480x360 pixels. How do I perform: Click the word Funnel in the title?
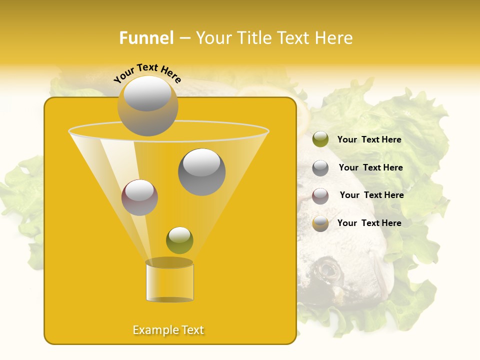click(146, 38)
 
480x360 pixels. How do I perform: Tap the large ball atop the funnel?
click(147, 105)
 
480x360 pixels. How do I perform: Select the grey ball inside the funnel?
click(202, 172)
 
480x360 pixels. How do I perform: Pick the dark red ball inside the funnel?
click(139, 197)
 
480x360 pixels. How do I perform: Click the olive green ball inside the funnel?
click(179, 240)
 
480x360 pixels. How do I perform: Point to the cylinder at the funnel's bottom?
click(169, 282)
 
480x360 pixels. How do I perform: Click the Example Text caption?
click(168, 330)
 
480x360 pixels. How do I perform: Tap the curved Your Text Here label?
click(147, 73)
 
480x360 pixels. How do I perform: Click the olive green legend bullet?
click(320, 139)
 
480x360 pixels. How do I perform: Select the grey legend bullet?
click(320, 168)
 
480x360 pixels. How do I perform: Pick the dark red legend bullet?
click(320, 196)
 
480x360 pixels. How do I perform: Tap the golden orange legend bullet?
click(320, 223)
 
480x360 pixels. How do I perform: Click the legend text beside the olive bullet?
click(369, 140)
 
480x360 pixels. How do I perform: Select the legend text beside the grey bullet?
click(370, 168)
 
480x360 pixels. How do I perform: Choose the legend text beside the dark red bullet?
click(371, 195)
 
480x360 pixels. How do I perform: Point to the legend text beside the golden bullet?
click(369, 223)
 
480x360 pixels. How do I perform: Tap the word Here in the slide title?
click(335, 38)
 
